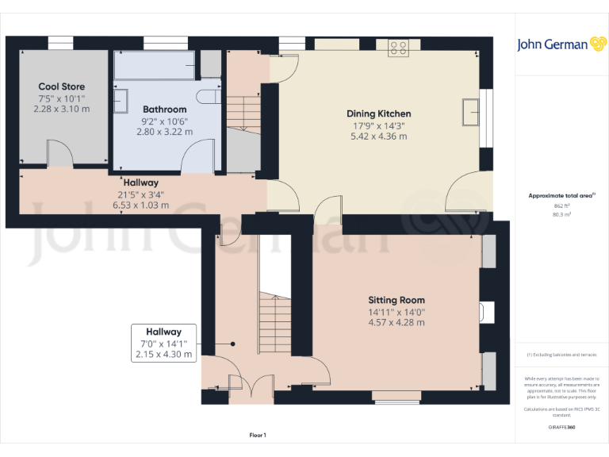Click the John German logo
pos(562,44)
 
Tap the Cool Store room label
pos(62,86)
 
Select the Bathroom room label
pos(165,109)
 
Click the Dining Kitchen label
pos(382,113)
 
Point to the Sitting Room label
pos(396,300)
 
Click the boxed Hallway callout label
pos(163,332)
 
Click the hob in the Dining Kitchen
pos(398,48)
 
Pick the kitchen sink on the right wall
pos(473,113)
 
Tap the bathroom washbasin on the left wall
pos(121,101)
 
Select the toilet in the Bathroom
pos(211,97)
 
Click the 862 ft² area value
pos(561,205)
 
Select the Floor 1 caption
pos(258,435)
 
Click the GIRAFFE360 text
pos(561,428)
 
